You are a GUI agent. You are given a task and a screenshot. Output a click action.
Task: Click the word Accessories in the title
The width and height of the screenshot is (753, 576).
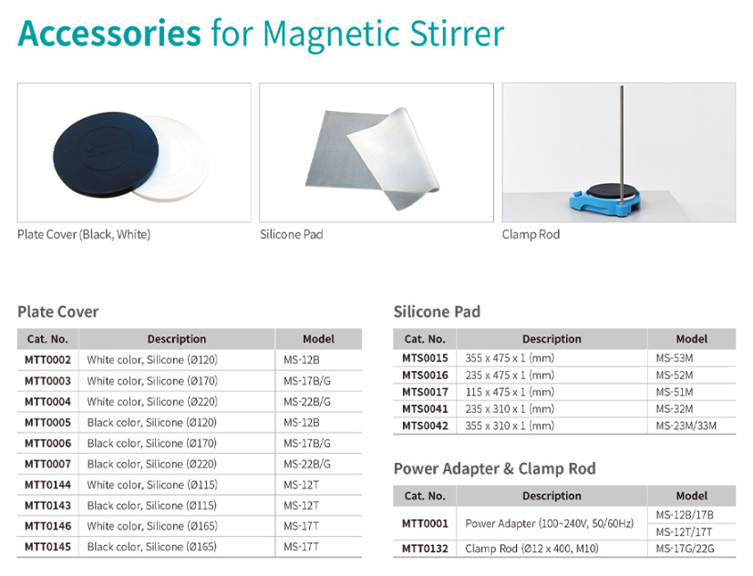coord(109,33)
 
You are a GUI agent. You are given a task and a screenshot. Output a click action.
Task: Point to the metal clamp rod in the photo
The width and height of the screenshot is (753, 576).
coord(622,144)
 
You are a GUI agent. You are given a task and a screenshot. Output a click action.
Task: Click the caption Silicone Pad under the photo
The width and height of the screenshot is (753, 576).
coord(291,234)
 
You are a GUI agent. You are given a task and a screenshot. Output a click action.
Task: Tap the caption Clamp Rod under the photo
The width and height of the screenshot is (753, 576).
coord(531,234)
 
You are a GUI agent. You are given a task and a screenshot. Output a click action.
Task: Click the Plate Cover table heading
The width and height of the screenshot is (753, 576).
coord(58,312)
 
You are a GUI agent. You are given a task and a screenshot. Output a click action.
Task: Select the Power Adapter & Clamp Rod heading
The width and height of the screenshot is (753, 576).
coord(495,468)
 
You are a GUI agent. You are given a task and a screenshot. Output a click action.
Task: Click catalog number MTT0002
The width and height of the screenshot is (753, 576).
coord(47,359)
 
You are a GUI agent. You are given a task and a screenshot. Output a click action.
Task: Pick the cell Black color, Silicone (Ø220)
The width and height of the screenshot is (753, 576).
coord(151,464)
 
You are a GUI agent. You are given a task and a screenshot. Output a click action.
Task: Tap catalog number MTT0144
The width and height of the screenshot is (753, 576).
coord(47,485)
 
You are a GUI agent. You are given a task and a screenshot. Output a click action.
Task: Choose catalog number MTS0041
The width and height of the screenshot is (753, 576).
coord(425,409)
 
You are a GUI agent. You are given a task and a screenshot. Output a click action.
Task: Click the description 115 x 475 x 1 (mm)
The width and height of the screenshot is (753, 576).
coord(510,392)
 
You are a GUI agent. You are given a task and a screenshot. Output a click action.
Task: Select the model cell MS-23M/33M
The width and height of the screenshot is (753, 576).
coord(686,426)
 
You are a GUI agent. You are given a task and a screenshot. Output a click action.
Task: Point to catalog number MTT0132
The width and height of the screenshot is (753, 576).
coord(425,549)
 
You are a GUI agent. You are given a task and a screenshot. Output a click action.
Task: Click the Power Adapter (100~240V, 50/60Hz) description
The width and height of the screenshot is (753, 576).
coord(550,523)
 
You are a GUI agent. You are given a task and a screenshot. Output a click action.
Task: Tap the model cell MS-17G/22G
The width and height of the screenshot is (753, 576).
coord(685,549)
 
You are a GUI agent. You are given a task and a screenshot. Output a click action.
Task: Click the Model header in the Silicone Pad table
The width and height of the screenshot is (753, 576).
coord(692,339)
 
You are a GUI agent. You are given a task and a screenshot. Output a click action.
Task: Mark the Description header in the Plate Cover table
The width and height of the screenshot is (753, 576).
coord(177,339)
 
